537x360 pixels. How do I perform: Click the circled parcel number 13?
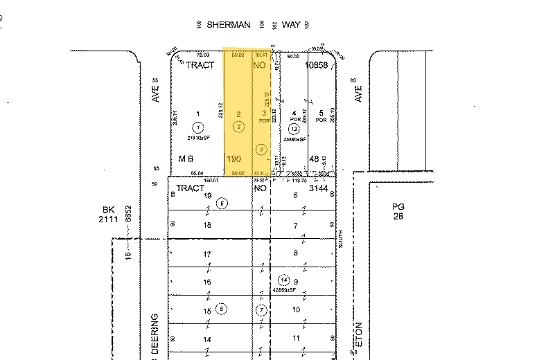coord(294,129)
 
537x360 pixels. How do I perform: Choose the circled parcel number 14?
coord(283,280)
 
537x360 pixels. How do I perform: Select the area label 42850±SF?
coord(283,289)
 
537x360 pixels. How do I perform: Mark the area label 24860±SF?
coord(295,138)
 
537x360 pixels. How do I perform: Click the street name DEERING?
coord(155,336)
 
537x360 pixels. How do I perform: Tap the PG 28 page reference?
coord(397,212)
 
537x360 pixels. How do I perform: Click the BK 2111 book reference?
coord(108,213)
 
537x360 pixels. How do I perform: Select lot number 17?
coord(206,255)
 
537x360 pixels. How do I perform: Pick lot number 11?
coord(295,339)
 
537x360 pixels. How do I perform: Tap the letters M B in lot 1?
coord(185,159)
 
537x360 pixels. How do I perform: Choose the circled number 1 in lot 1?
coord(198,127)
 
